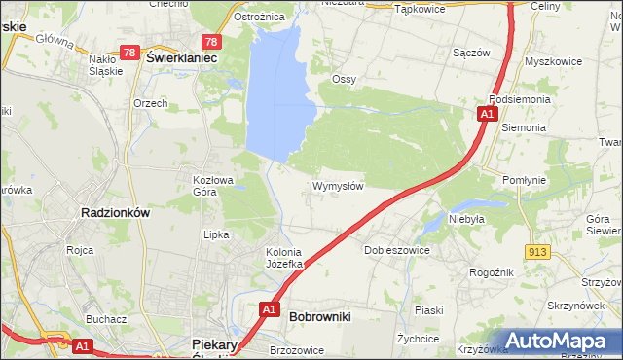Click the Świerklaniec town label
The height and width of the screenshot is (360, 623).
click(x=180, y=57)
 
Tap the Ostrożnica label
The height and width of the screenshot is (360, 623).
click(x=258, y=18)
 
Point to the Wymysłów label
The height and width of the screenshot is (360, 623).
click(x=338, y=186)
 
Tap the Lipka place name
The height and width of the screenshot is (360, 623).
click(x=215, y=234)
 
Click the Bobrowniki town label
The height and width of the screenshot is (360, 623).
click(x=320, y=316)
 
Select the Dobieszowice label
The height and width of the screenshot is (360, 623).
click(x=396, y=250)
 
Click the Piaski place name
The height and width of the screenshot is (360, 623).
click(x=428, y=310)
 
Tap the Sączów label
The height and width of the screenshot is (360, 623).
click(x=471, y=54)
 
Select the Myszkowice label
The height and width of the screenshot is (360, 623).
click(x=552, y=60)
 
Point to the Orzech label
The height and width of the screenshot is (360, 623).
click(x=151, y=103)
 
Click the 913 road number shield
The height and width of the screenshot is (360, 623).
click(x=536, y=252)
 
